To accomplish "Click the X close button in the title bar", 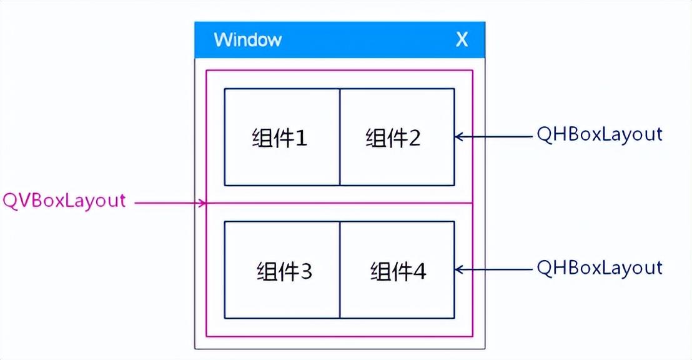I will click(x=462, y=40).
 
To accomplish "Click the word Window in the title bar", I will click(x=247, y=40).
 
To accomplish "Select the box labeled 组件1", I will click(x=282, y=137).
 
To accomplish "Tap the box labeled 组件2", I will click(x=397, y=137).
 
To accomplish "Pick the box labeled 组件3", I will click(x=282, y=270).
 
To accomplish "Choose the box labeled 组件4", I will click(x=397, y=270).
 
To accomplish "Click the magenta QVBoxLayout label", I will click(x=64, y=201).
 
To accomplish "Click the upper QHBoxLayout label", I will click(x=599, y=134).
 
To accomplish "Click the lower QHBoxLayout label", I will click(x=599, y=268).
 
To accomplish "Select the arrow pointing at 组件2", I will click(x=493, y=136).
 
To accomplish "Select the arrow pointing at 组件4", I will click(x=493, y=269).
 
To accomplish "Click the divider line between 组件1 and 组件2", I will click(x=340, y=137).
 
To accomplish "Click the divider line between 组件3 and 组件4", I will click(x=340, y=270).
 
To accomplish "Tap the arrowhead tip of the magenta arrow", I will click(x=205, y=202).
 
